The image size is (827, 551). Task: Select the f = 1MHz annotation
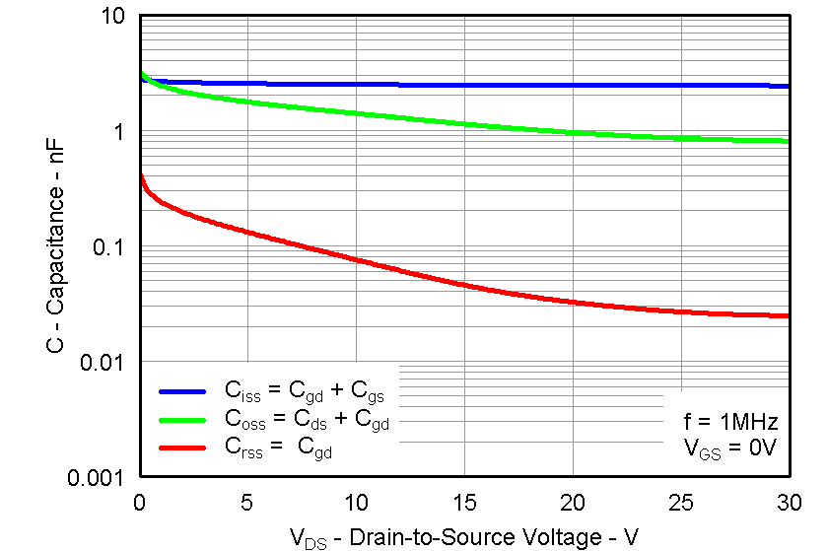(x=730, y=422)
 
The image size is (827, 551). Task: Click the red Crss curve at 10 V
(x=356, y=262)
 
